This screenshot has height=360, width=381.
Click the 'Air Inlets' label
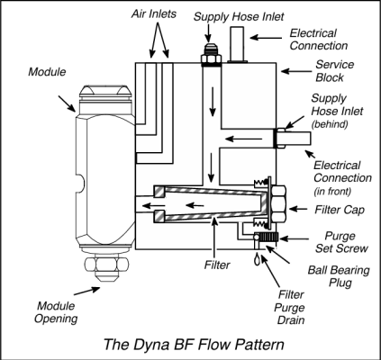[x=153, y=14]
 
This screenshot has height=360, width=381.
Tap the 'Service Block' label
[x=334, y=71]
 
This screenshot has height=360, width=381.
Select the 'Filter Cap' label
[x=340, y=210]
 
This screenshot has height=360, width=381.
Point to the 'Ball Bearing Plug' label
[x=339, y=276]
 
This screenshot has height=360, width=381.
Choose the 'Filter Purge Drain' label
[x=290, y=307]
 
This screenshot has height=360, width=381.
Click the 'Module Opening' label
[x=56, y=312]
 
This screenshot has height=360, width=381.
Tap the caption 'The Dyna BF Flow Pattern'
[x=194, y=345]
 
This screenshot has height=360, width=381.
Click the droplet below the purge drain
[x=257, y=259]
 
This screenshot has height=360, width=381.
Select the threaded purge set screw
[x=269, y=238]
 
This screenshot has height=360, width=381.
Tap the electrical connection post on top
[x=237, y=45]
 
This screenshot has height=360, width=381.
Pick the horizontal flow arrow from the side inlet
[x=243, y=139]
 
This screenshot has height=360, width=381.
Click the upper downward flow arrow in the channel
[x=213, y=102]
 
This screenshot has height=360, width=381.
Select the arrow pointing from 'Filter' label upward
[x=214, y=238]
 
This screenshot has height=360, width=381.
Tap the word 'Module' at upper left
[x=47, y=72]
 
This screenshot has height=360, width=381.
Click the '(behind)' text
[x=330, y=124]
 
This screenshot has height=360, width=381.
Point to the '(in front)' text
[x=332, y=192]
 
